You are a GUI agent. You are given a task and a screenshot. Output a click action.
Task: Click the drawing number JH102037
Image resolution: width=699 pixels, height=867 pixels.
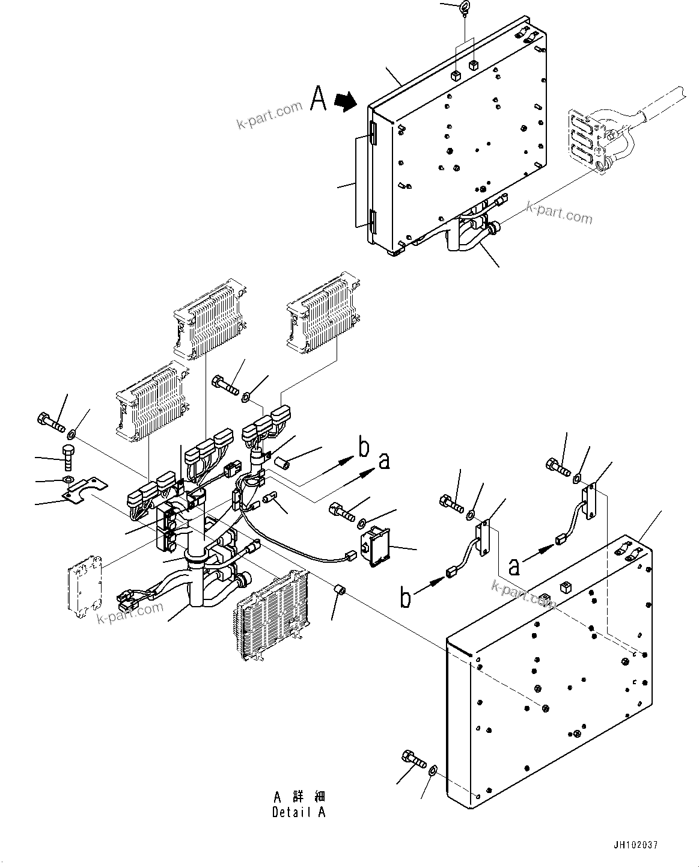coord(636,845)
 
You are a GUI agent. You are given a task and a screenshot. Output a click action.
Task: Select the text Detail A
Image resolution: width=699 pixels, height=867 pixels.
coord(299,812)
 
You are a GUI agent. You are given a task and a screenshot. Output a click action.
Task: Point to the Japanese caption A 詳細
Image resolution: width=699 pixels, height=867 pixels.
coord(299,797)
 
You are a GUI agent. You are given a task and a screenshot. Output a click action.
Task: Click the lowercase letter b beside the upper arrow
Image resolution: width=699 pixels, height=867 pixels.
coord(364,448)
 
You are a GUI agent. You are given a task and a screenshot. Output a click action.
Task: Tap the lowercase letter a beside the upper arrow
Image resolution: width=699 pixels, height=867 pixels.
coord(384,461)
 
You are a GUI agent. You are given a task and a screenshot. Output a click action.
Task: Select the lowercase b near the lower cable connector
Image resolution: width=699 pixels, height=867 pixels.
coord(406,599)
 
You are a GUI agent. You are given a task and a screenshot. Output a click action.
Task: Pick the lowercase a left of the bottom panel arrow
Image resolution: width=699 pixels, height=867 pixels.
coord(514,566)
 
